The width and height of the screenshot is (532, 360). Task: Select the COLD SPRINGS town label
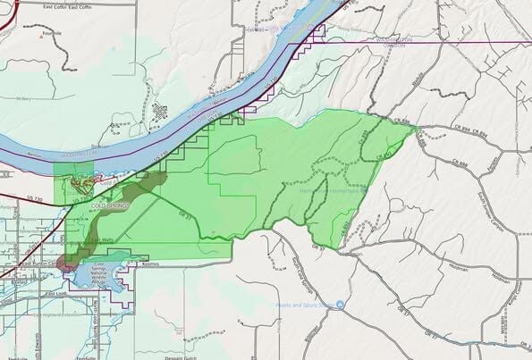point(111,206)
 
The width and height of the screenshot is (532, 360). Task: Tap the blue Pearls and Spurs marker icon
point(339,305)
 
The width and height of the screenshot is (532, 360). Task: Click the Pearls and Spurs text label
point(304,305)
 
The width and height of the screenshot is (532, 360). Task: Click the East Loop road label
point(58,293)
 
